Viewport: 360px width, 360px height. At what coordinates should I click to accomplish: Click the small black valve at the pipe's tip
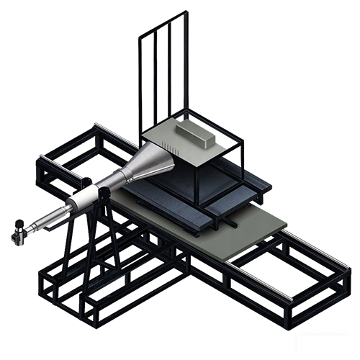pyautogui.click(x=19, y=233)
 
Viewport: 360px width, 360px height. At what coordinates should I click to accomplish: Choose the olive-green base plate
pyautogui.click(x=238, y=238)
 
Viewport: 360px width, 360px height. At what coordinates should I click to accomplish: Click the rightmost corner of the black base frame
pyautogui.click(x=348, y=277)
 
